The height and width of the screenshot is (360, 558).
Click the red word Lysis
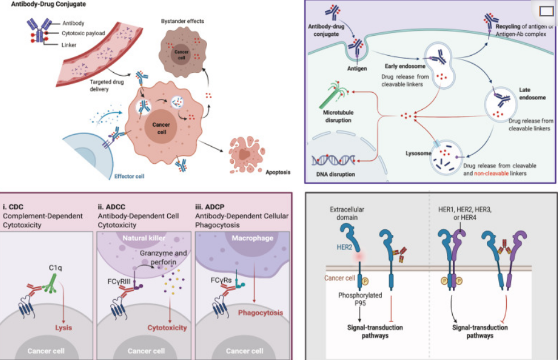click(63, 328)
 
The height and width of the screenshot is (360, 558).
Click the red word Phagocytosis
click(261, 312)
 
